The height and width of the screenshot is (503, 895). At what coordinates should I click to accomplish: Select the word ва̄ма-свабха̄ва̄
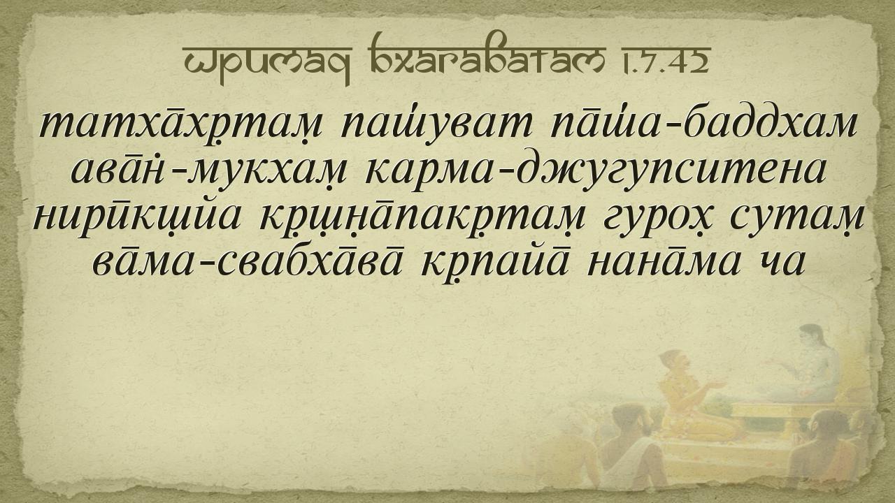[247, 261]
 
